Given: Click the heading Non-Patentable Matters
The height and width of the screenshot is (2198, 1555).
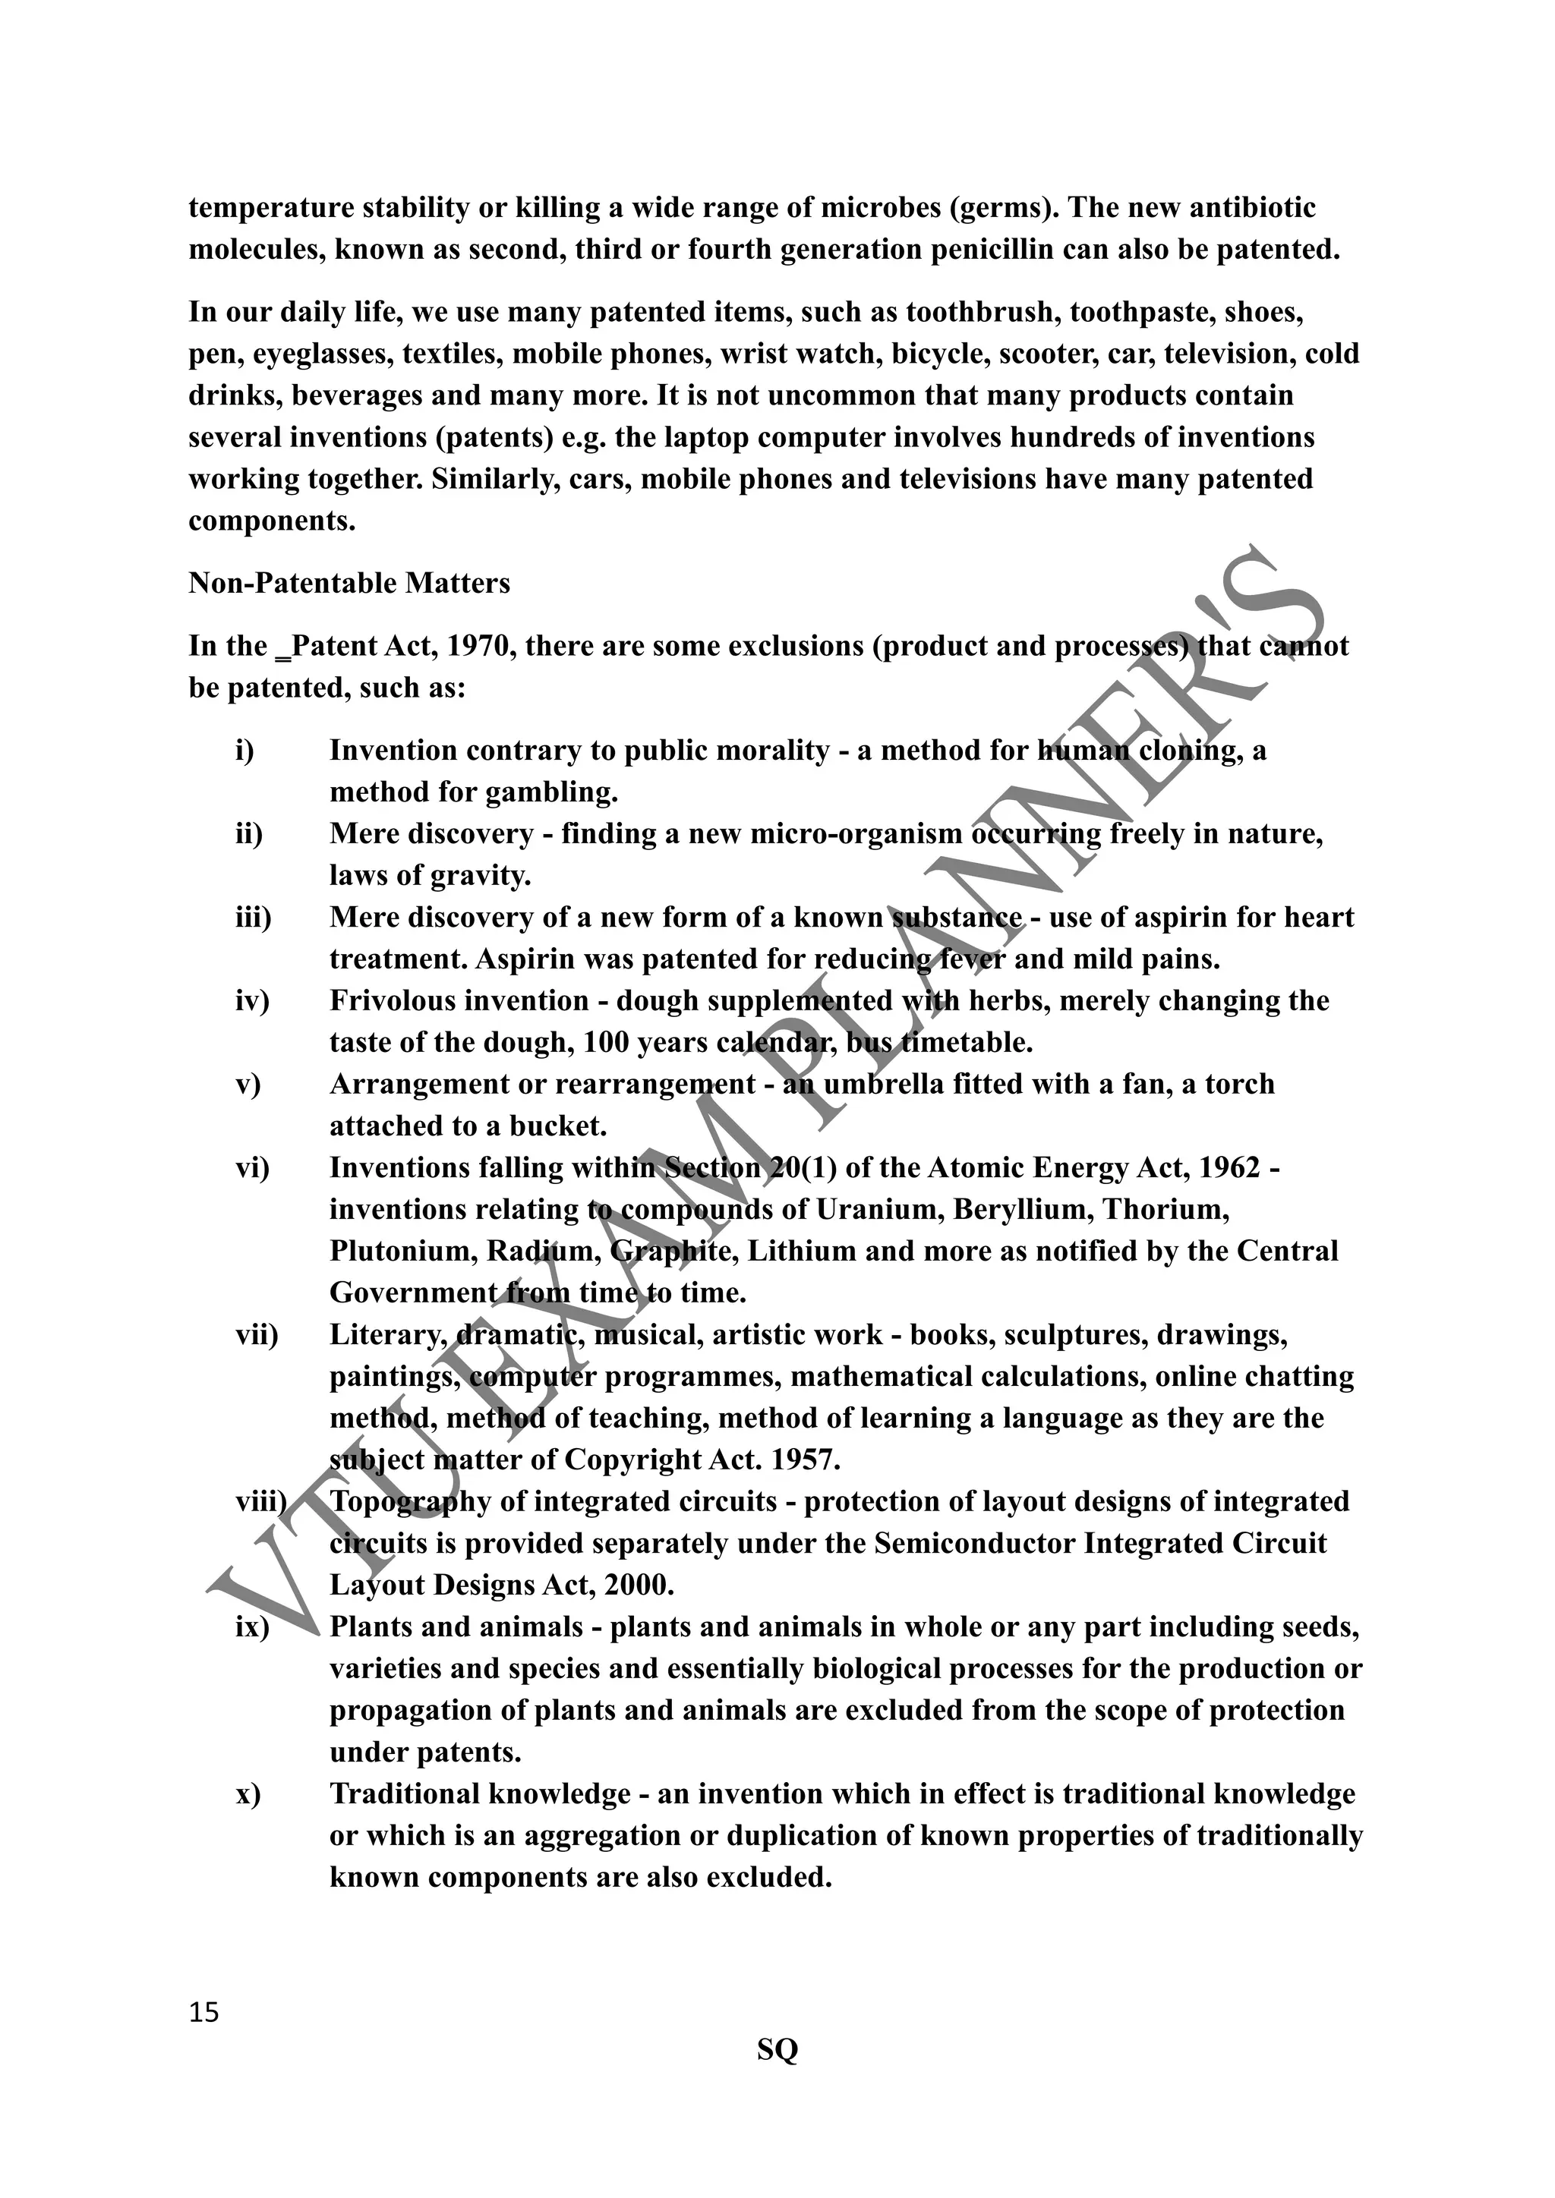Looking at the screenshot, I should (x=349, y=583).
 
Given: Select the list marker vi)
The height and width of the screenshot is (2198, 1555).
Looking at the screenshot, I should (x=253, y=1168).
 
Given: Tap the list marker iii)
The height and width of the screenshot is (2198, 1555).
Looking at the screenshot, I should (x=254, y=918).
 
